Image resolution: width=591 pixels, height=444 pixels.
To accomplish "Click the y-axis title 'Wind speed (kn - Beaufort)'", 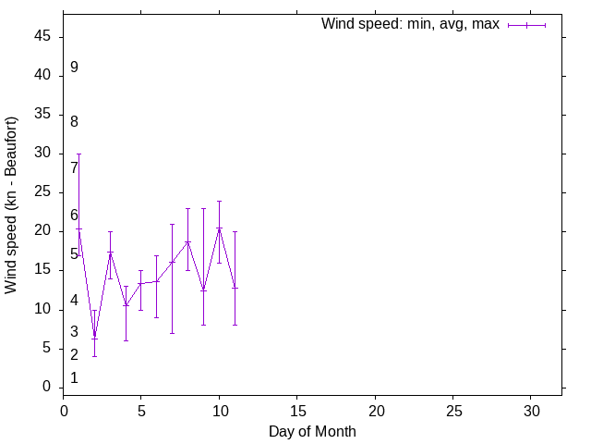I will [11, 204].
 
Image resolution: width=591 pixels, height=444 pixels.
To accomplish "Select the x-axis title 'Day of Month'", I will [312, 431].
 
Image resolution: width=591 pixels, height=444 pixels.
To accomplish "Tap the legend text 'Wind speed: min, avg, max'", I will [410, 24].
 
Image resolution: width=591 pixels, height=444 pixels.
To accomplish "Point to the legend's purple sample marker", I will [526, 25].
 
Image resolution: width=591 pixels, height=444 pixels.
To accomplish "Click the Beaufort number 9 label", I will [74, 68].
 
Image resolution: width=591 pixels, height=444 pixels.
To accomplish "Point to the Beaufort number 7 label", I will [74, 168].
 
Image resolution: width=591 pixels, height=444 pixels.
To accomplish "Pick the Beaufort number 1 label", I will [74, 378].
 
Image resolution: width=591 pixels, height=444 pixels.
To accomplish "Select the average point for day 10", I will [219, 228].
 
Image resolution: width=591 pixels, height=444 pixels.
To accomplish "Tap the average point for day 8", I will [187, 242].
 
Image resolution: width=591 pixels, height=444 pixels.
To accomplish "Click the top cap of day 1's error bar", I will [78, 154].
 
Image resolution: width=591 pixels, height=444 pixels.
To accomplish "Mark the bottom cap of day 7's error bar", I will [172, 333].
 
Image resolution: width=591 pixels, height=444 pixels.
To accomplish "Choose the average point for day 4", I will [126, 305].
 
